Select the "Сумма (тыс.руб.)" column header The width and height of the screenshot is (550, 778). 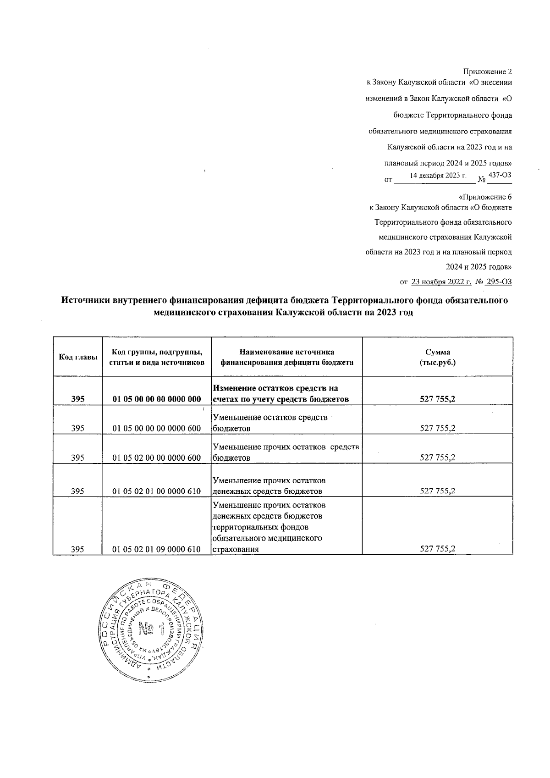click(437, 357)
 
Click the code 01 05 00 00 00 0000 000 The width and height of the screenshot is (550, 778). click(157, 399)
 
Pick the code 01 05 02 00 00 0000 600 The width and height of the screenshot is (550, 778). click(157, 458)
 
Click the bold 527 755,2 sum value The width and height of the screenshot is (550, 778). click(437, 399)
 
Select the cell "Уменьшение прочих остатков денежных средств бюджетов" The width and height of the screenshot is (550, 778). click(269, 486)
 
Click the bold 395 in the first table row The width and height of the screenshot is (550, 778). click(78, 399)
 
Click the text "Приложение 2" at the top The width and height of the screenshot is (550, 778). click(488, 72)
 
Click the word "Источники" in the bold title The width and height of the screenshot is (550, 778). click(87, 301)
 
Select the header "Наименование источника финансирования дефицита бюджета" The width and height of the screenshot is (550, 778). click(287, 357)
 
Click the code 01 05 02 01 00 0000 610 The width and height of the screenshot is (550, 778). click(157, 491)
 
